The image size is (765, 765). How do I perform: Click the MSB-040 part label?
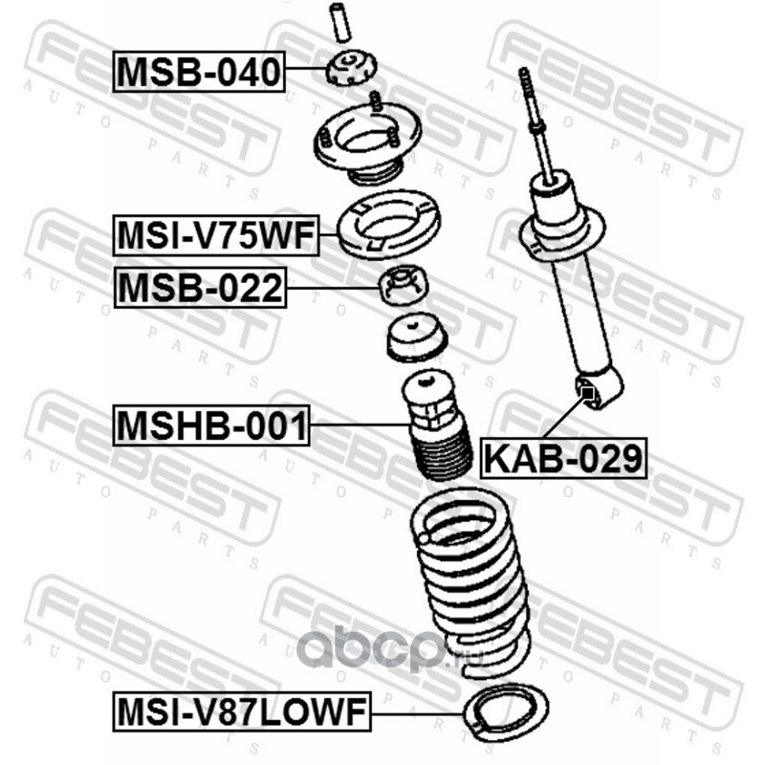[199, 71]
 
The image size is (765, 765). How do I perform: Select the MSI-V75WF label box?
[216, 235]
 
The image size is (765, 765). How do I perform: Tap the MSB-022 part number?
[200, 288]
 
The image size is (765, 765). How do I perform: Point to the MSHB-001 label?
[211, 425]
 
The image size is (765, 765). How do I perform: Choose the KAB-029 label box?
[563, 458]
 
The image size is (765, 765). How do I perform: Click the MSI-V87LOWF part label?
[242, 710]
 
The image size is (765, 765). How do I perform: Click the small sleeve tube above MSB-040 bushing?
[340, 22]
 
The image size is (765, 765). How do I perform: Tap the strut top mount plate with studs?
[367, 142]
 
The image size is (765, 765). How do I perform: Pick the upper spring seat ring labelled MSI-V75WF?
[388, 225]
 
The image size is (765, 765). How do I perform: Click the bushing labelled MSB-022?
[404, 285]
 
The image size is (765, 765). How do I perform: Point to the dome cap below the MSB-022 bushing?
[417, 338]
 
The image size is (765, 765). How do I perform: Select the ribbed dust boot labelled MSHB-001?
[436, 424]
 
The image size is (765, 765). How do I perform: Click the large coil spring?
[470, 580]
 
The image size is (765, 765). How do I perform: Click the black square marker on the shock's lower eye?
[588, 392]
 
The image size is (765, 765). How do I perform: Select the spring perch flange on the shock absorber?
[562, 235]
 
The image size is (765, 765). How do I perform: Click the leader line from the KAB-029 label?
[565, 416]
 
